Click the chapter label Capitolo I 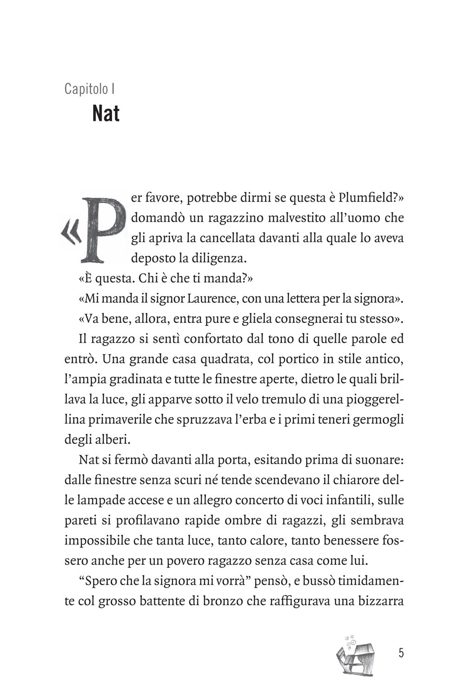click(89, 88)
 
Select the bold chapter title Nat click(106, 113)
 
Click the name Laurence click(213, 299)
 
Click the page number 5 click(401, 653)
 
